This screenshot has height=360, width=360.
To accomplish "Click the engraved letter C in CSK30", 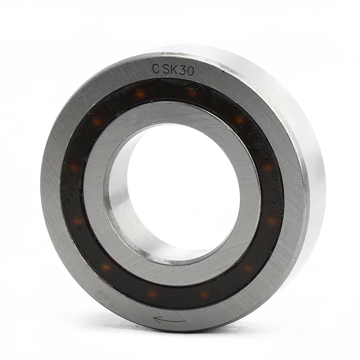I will click(x=156, y=69).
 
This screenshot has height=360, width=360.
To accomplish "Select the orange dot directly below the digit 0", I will click(x=193, y=94).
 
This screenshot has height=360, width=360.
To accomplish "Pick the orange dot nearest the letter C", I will click(x=141, y=93).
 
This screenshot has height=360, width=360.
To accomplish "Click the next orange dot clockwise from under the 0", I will click(x=239, y=120).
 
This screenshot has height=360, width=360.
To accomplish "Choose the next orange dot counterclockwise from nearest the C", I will click(x=97, y=121).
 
